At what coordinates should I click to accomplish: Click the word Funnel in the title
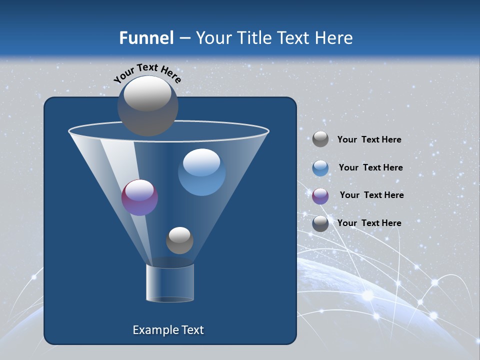pos(146,38)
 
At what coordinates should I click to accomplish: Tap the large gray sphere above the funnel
pos(148,105)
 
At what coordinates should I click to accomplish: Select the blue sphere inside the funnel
pos(201,172)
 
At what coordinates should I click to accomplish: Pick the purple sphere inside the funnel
pos(139,197)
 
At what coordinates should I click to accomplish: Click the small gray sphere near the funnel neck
pos(179,240)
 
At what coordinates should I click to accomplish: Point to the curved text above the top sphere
pos(147,72)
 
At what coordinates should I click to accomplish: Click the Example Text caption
pos(168,330)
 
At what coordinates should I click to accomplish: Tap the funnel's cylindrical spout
pos(169,283)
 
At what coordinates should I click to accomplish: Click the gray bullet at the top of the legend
pos(320,139)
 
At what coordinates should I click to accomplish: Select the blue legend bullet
pos(320,168)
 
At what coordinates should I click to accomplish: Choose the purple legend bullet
pos(320,195)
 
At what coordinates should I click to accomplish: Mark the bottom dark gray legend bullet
pos(320,223)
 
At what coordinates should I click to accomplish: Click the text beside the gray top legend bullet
pos(369,140)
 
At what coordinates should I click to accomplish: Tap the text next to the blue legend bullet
pos(370,168)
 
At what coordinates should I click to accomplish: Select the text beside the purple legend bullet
pos(371,195)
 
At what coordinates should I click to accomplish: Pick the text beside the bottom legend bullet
pos(369,223)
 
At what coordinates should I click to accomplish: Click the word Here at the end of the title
pos(334,38)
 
